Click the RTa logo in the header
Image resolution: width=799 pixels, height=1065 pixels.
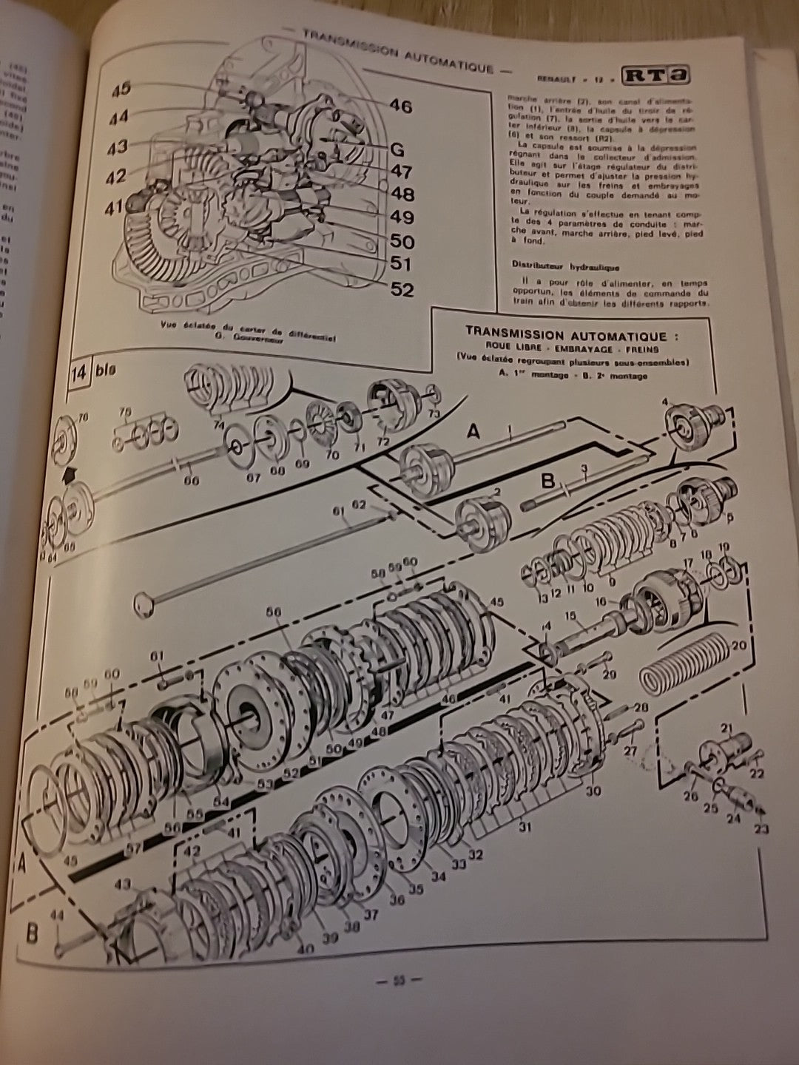(x=660, y=76)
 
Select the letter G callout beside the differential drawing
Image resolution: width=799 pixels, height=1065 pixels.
(x=397, y=149)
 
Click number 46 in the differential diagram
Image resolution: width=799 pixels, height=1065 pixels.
(x=399, y=106)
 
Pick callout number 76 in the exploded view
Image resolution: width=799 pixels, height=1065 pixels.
(x=81, y=419)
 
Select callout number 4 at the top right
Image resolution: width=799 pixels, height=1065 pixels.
(x=666, y=402)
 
